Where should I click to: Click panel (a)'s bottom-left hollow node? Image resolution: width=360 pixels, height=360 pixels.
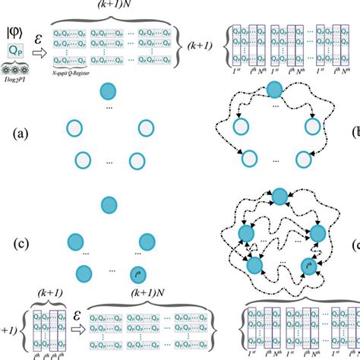[x=81, y=160]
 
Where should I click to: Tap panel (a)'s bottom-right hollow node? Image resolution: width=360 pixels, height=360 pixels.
[x=137, y=160]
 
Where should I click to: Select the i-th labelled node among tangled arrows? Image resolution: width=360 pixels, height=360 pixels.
[x=309, y=267]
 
